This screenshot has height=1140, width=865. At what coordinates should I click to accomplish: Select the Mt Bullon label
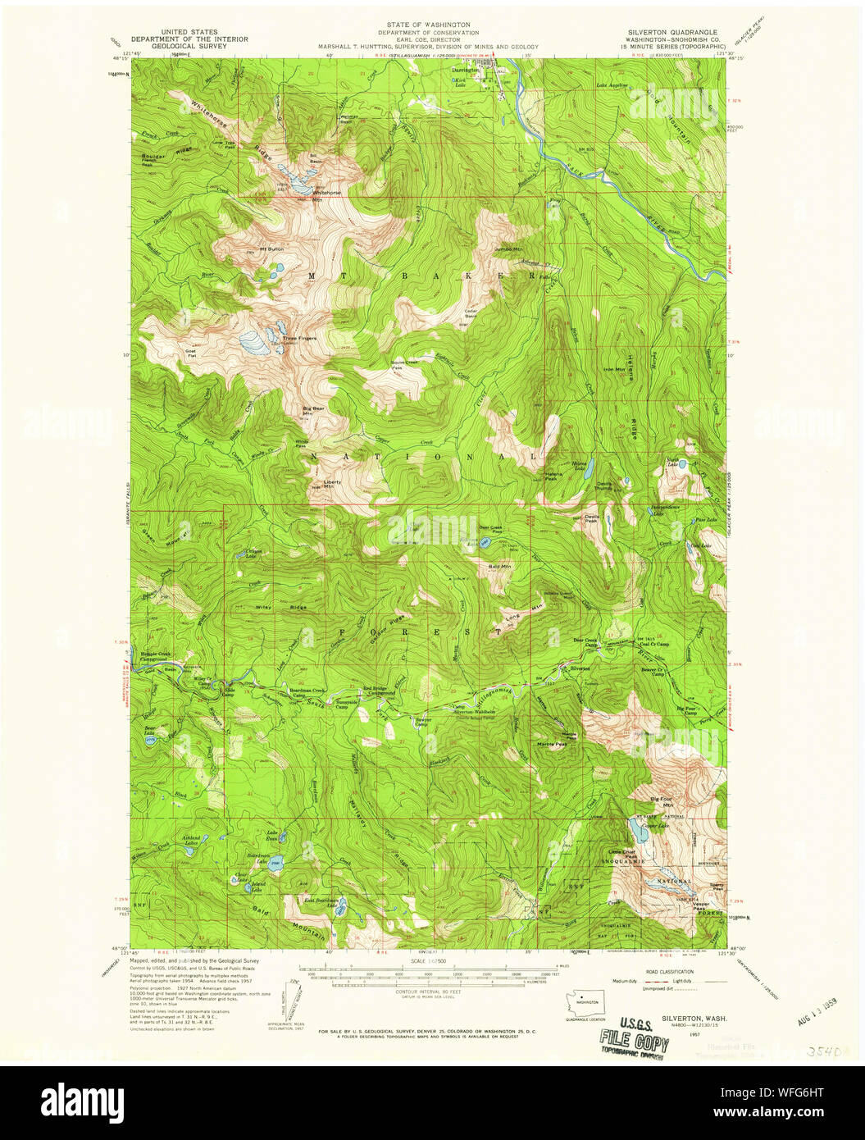click(x=271, y=249)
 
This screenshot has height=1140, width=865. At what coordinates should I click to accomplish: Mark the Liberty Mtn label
click(x=332, y=484)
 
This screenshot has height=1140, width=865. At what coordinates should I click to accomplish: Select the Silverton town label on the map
click(x=580, y=668)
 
